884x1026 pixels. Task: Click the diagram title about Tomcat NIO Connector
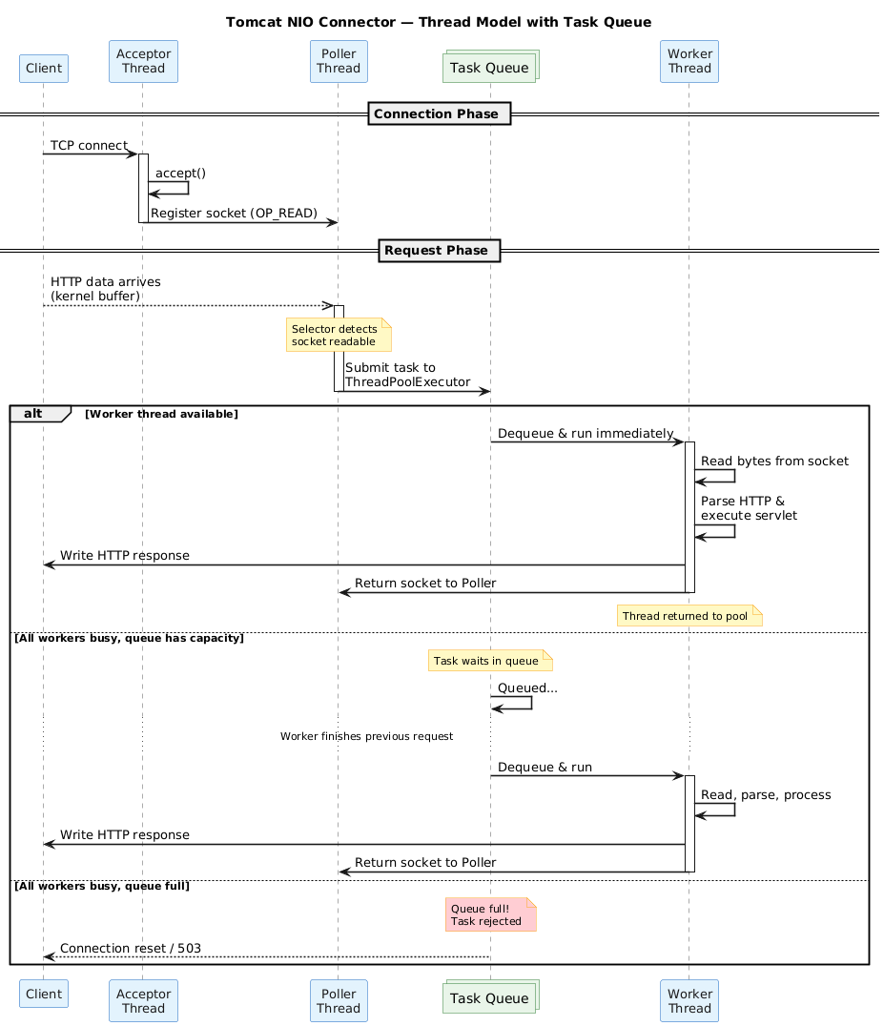click(x=439, y=22)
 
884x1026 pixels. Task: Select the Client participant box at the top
click(x=43, y=68)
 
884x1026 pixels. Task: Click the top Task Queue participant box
click(x=490, y=67)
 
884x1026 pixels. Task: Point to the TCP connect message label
click(x=89, y=145)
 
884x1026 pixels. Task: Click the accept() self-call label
click(x=180, y=173)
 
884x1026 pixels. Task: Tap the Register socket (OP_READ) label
click(x=234, y=213)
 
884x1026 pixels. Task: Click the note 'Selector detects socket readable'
click(x=338, y=336)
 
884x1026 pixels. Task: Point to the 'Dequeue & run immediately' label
click(x=585, y=434)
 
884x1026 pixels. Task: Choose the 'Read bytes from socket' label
click(x=774, y=462)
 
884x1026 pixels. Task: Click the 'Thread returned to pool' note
click(x=689, y=616)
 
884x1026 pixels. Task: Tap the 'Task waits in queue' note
click(x=490, y=660)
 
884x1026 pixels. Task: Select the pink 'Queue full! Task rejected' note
click(x=490, y=914)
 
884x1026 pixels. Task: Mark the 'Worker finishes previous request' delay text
click(x=366, y=737)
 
